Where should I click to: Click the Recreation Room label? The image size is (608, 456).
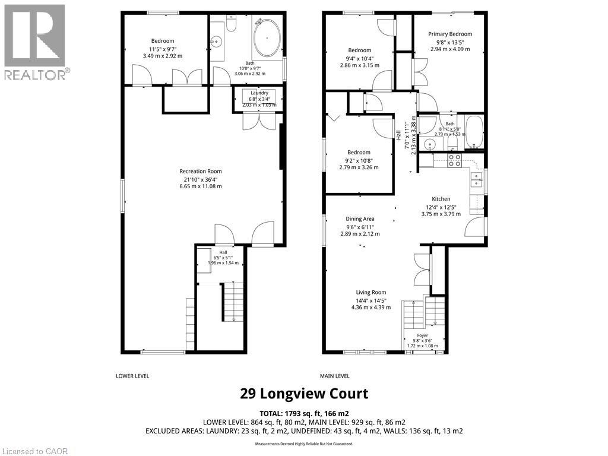tap(200, 172)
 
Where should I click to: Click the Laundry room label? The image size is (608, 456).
tap(259, 93)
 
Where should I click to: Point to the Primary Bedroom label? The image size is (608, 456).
tap(450, 34)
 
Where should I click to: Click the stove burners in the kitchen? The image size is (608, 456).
tap(454, 159)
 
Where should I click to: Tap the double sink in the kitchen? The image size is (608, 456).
tap(476, 179)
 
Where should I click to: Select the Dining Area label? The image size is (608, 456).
tap(360, 219)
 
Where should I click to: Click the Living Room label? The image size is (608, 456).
tap(370, 292)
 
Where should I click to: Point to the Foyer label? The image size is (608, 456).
tap(422, 335)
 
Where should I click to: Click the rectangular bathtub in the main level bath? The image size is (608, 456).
tap(474, 132)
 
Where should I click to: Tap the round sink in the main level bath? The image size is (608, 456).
tap(430, 144)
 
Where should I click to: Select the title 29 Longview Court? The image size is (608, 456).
tap(304, 394)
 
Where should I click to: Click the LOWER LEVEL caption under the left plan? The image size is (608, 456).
tap(132, 376)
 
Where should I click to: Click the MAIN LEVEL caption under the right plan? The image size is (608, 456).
tap(335, 376)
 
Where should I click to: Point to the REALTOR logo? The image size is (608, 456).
tap(35, 42)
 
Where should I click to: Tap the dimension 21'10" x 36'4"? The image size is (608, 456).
tap(200, 179)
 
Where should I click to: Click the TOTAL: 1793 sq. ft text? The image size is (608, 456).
tap(304, 413)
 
